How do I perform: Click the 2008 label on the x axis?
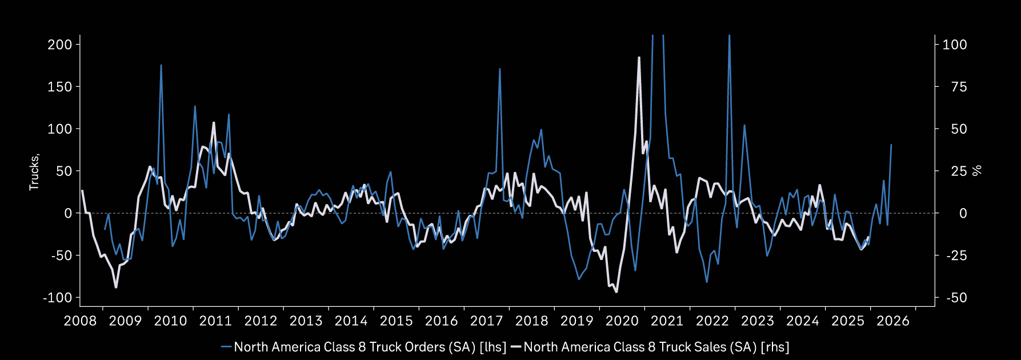pyautogui.click(x=80, y=321)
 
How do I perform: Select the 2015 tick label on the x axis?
pyautogui.click(x=396, y=321)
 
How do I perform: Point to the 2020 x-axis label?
pyautogui.click(x=622, y=321)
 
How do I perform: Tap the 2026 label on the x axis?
pyautogui.click(x=892, y=321)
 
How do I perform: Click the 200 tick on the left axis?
pyautogui.click(x=59, y=45)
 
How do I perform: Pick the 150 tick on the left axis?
pyautogui.click(x=59, y=87)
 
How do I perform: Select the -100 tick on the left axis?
pyautogui.click(x=57, y=298)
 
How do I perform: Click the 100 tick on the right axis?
pyautogui.click(x=955, y=45)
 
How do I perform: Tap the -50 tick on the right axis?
pyautogui.click(x=955, y=298)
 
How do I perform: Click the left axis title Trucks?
pyautogui.click(x=34, y=171)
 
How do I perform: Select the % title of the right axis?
pyautogui.click(x=978, y=170)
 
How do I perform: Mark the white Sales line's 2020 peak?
pyautogui.click(x=639, y=57)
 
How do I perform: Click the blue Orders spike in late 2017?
pyautogui.click(x=499, y=69)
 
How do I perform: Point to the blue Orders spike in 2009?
pyautogui.click(x=161, y=65)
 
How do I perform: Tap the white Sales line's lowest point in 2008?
pyautogui.click(x=116, y=287)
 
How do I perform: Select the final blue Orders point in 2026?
pyautogui.click(x=891, y=145)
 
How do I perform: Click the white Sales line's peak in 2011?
pyautogui.click(x=214, y=122)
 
